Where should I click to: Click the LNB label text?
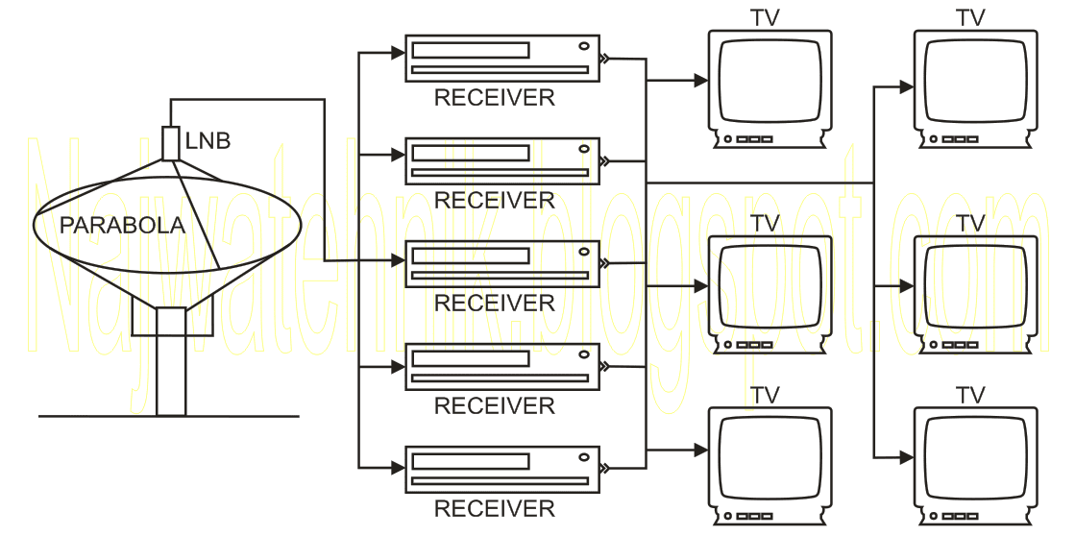click(208, 140)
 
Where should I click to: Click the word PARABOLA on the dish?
click(123, 225)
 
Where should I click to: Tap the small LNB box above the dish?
click(171, 143)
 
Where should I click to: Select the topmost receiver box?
click(502, 59)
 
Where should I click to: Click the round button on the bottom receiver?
click(584, 457)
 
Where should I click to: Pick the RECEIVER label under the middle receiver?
click(495, 303)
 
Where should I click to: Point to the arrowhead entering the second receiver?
click(399, 156)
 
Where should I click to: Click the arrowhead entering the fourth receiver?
click(399, 367)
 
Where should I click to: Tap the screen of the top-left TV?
click(770, 80)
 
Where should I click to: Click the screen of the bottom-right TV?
click(976, 458)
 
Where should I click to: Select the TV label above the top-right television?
click(970, 18)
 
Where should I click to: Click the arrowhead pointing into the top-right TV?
click(906, 87)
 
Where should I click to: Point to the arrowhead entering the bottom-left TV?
click(700, 451)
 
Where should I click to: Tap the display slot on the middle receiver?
click(471, 256)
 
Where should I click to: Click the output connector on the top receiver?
click(604, 59)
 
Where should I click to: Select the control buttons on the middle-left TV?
click(748, 345)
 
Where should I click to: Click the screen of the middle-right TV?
click(976, 286)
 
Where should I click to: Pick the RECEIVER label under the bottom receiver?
click(495, 508)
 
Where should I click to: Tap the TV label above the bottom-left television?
click(765, 396)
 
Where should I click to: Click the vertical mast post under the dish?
click(171, 362)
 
